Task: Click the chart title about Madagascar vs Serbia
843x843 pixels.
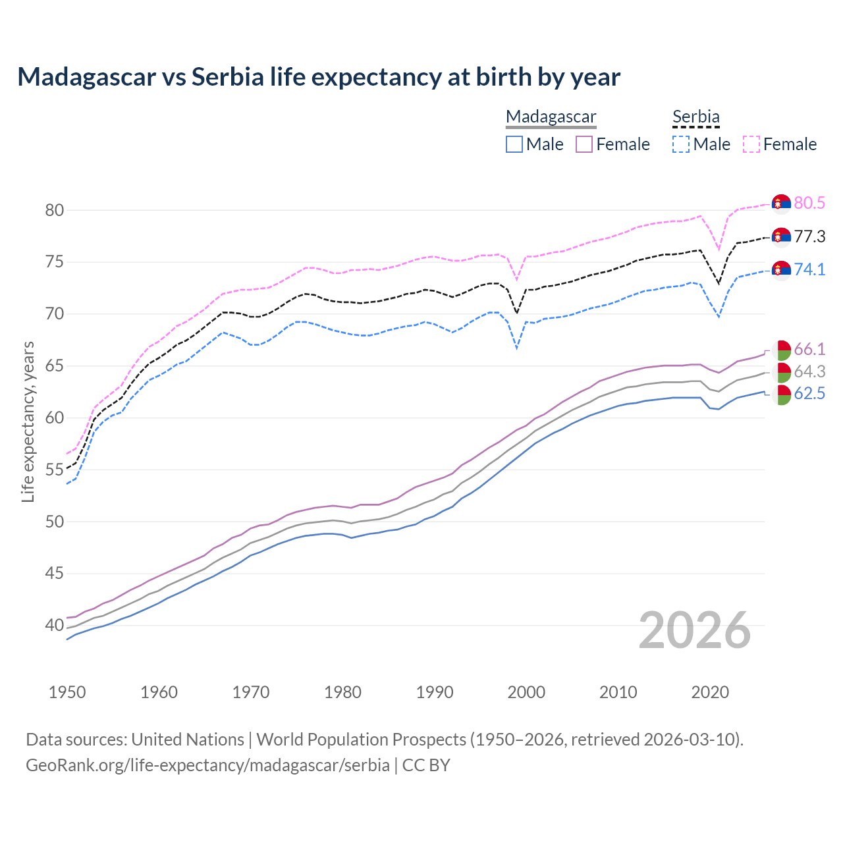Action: pos(319,77)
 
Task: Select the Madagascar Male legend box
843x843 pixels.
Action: pos(514,144)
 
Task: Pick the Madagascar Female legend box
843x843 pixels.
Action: pos(585,144)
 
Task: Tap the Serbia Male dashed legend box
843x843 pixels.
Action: pos(681,144)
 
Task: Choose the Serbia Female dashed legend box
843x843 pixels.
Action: pos(751,144)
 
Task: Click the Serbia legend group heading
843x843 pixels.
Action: pos(696,117)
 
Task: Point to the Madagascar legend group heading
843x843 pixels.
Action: pos(551,117)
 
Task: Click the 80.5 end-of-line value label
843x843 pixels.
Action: pos(809,203)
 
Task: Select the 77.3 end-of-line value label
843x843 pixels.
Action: pos(809,236)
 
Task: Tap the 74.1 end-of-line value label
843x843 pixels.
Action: pos(809,269)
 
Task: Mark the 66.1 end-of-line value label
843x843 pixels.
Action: pos(809,349)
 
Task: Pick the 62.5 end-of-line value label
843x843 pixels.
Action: pos(809,394)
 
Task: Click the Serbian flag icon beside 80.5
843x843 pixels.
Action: pos(781,204)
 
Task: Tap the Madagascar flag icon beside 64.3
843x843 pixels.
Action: pos(781,372)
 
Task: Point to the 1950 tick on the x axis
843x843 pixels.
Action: pos(67,692)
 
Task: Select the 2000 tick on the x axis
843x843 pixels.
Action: pos(526,692)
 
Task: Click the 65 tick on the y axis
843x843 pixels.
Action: pos(54,366)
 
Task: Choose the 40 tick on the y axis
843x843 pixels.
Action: pos(54,626)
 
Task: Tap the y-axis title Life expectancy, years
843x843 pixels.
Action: pos(28,421)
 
